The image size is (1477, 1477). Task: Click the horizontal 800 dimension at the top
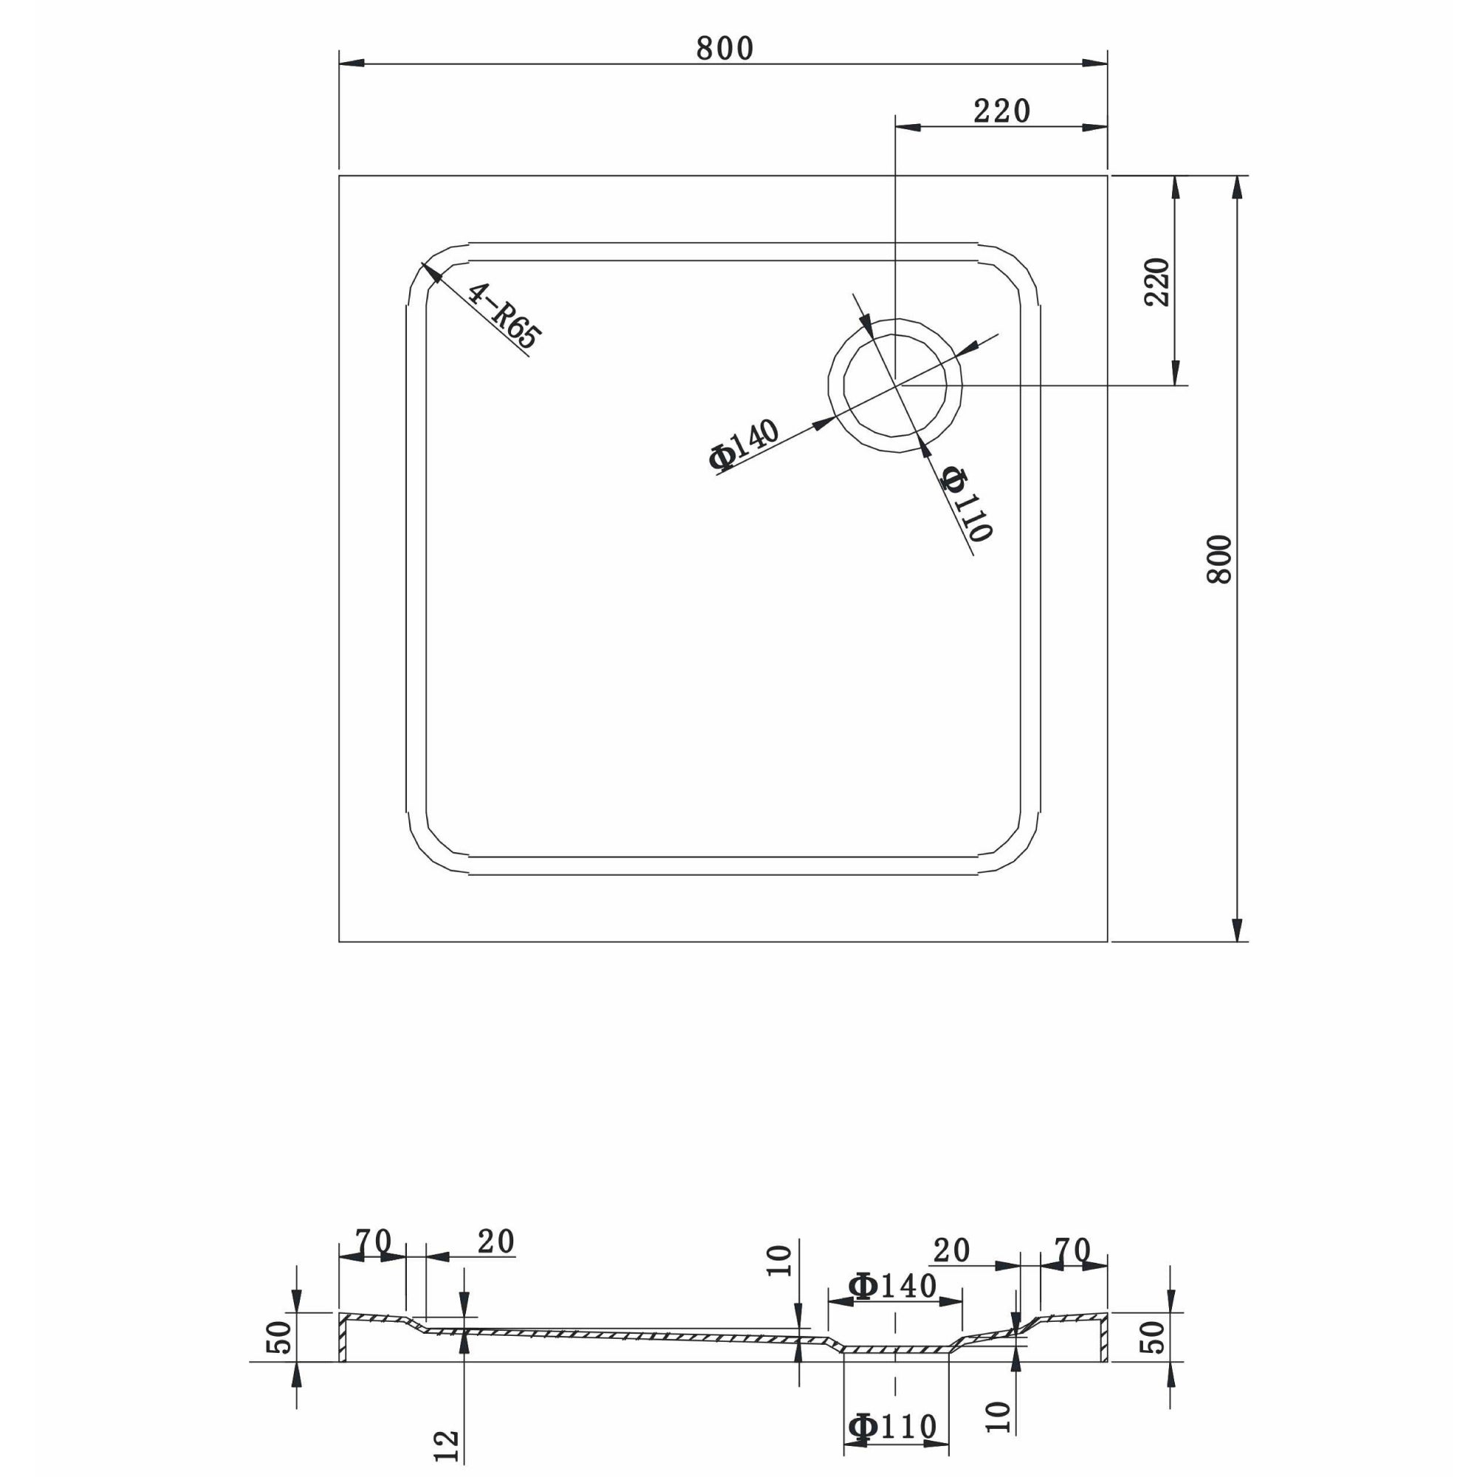[724, 49]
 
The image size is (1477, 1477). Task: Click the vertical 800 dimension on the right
[1219, 559]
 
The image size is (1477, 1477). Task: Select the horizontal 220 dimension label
[1001, 112]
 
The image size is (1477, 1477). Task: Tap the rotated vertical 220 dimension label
[1156, 282]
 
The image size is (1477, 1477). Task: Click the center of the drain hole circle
[895, 385]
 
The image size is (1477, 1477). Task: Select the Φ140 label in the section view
[892, 1286]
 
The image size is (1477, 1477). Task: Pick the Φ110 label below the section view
[892, 1427]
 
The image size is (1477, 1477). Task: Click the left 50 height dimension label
[280, 1337]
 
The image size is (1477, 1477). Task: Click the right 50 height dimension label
[1154, 1337]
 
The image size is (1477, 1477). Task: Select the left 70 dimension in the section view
[373, 1241]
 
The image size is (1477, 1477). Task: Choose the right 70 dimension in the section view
[1072, 1252]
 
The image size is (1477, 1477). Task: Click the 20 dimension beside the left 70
[496, 1242]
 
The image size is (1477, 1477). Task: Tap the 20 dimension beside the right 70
[951, 1252]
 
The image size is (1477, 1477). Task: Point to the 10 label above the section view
[779, 1261]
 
